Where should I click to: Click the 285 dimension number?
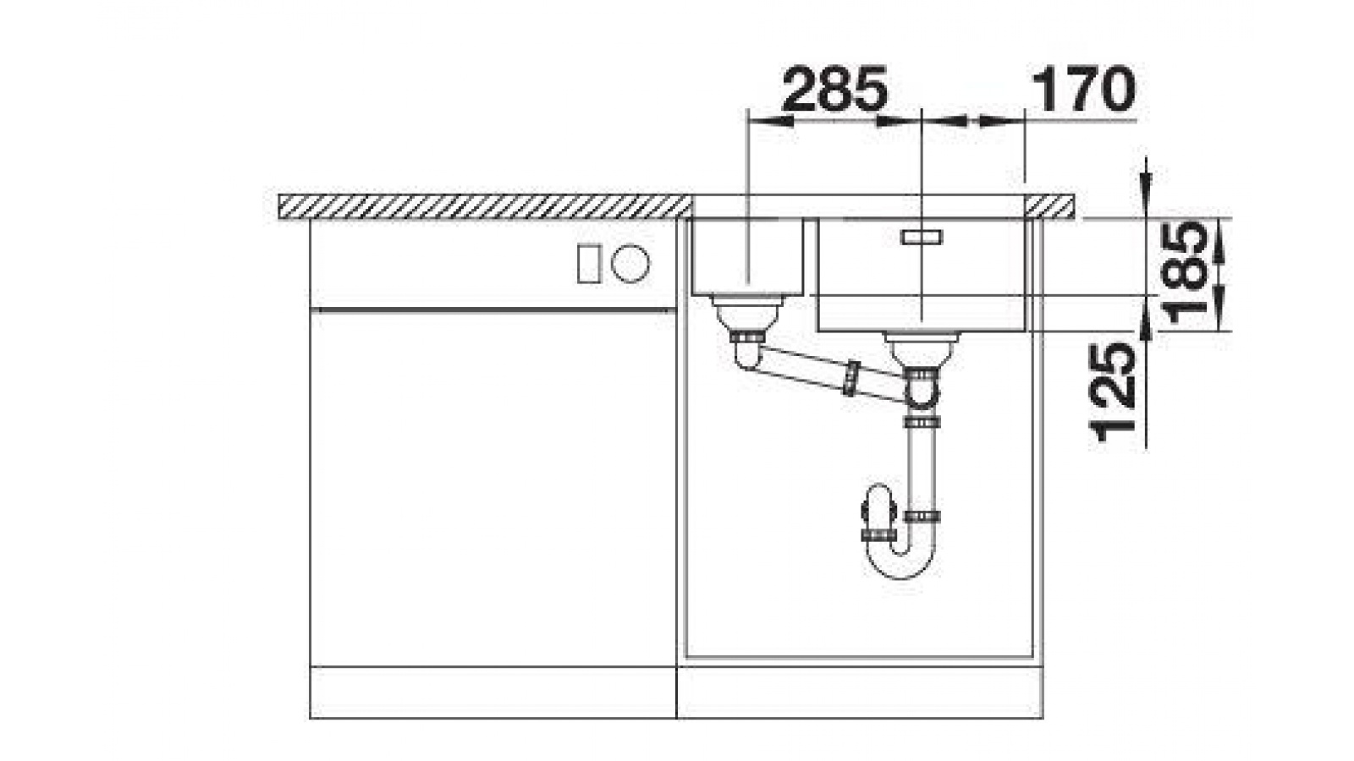pyautogui.click(x=834, y=90)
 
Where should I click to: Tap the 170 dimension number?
pyautogui.click(x=1084, y=90)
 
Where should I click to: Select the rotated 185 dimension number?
pyautogui.click(x=1186, y=272)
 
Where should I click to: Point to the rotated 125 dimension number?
pyautogui.click(x=1112, y=392)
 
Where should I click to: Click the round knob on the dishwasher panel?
pyautogui.click(x=630, y=263)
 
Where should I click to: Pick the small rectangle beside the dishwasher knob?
pyautogui.click(x=589, y=263)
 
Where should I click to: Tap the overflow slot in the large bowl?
pyautogui.click(x=922, y=237)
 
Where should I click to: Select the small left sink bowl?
pyautogui.click(x=747, y=257)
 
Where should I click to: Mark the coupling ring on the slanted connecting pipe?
pyautogui.click(x=850, y=378)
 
